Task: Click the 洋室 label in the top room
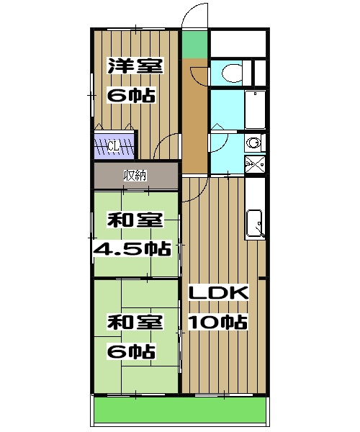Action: (x=134, y=66)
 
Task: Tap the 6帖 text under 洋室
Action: (x=131, y=94)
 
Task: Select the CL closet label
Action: (x=114, y=146)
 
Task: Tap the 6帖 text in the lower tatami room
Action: (x=131, y=351)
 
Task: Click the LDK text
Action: (x=218, y=293)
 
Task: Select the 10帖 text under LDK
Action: (x=218, y=321)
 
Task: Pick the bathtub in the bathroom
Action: (x=256, y=109)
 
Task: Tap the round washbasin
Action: (x=253, y=143)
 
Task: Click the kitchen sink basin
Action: (x=255, y=222)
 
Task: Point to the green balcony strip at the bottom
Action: (x=180, y=411)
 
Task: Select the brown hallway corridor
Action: (x=192, y=115)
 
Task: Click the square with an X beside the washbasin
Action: (x=253, y=165)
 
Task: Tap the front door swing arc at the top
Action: (x=192, y=16)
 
